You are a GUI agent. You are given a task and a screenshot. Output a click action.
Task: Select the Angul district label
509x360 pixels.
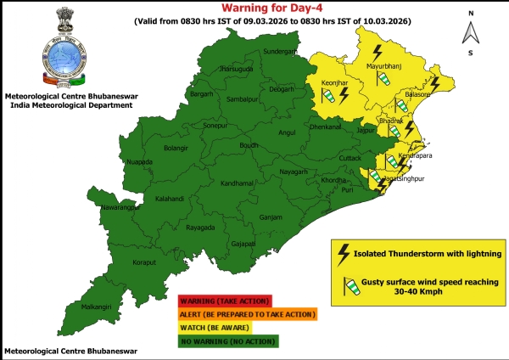pyautogui.click(x=289, y=132)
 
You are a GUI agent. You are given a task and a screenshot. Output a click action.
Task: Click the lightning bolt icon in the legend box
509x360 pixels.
pyautogui.click(x=344, y=253)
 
